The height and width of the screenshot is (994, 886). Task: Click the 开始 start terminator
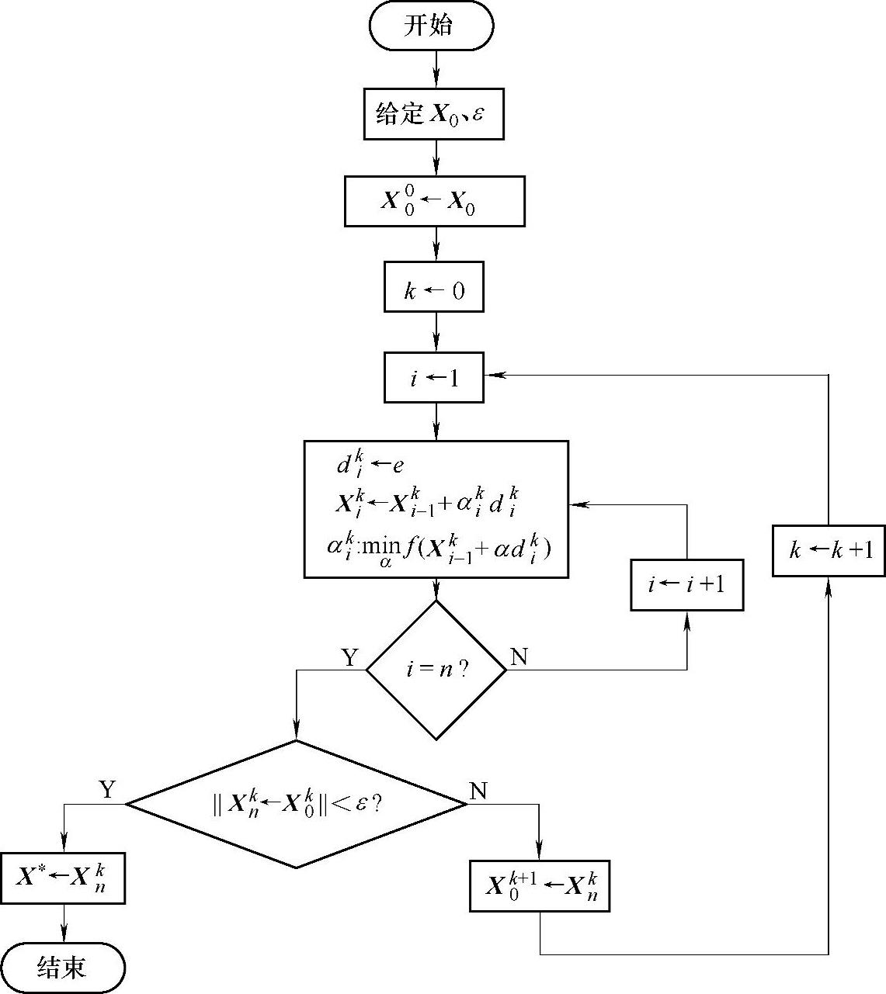click(431, 26)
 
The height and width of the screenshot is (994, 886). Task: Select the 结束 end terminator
click(63, 967)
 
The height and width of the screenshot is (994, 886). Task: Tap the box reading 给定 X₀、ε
click(433, 114)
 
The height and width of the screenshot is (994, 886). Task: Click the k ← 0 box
click(434, 290)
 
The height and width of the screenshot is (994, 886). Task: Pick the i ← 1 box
click(434, 378)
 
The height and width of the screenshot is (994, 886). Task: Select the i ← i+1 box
click(686, 584)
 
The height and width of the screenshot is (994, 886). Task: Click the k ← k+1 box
click(829, 551)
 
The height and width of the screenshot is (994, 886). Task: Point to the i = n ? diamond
click(436, 670)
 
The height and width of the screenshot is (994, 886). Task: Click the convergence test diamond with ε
click(296, 804)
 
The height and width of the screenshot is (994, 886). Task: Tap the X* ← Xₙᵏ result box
click(63, 878)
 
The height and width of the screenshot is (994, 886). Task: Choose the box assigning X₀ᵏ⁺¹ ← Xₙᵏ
click(540, 885)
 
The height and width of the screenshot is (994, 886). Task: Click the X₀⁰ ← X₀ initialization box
click(434, 202)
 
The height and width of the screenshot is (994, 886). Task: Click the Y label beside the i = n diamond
click(350, 658)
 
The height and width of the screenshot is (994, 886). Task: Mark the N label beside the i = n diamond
click(519, 657)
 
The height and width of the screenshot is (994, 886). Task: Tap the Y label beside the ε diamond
click(107, 790)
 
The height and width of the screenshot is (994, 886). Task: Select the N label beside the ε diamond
click(478, 791)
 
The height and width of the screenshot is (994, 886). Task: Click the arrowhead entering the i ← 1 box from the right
click(492, 376)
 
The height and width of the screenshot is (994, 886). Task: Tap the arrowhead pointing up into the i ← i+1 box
click(687, 618)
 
